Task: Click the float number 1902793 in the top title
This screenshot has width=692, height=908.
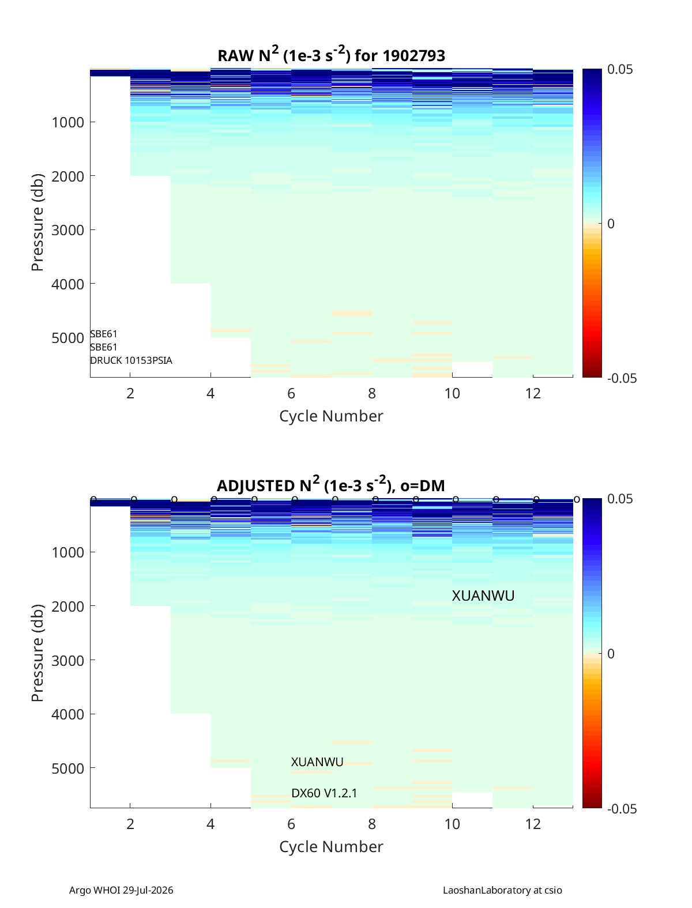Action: (x=413, y=56)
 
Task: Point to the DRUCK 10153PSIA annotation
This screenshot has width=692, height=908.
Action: (x=131, y=360)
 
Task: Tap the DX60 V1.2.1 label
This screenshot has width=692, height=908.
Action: (x=324, y=793)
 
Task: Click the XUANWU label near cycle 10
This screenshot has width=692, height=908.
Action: (x=483, y=596)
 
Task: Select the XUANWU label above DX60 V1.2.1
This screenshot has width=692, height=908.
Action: (x=317, y=762)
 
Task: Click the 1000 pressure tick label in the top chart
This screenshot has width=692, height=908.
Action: (x=67, y=122)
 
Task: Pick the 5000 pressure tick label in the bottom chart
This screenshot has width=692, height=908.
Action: (x=67, y=768)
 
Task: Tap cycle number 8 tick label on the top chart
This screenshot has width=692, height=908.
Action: (x=371, y=393)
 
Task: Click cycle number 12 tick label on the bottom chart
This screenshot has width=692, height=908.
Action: (x=533, y=824)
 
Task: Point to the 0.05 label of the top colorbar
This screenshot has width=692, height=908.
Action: (x=619, y=69)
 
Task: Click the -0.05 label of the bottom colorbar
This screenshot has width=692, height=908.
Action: (x=622, y=809)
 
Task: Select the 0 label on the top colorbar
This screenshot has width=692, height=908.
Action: (x=611, y=224)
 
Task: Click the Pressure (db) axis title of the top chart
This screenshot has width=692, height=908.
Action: (x=37, y=223)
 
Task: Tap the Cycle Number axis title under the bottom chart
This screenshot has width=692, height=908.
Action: (x=331, y=847)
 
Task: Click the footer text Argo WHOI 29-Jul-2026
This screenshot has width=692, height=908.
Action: (x=121, y=890)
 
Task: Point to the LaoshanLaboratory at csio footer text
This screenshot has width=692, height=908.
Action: (x=502, y=890)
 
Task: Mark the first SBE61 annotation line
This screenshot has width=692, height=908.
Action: (x=103, y=334)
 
